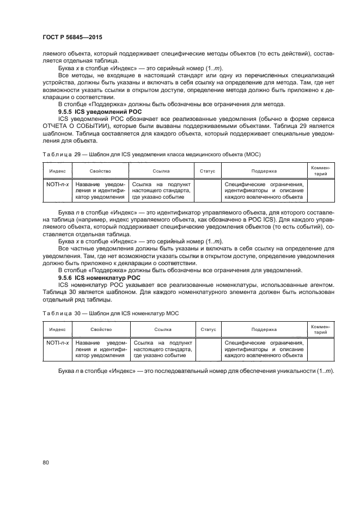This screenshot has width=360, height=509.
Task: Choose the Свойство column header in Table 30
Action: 101,329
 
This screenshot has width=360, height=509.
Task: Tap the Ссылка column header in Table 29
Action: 162,171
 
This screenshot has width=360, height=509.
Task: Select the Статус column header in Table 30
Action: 208,329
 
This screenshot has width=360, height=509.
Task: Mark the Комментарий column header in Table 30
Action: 321,329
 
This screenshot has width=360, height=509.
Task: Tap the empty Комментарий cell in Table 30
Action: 321,349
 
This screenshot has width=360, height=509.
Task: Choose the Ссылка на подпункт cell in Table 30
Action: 162,349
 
